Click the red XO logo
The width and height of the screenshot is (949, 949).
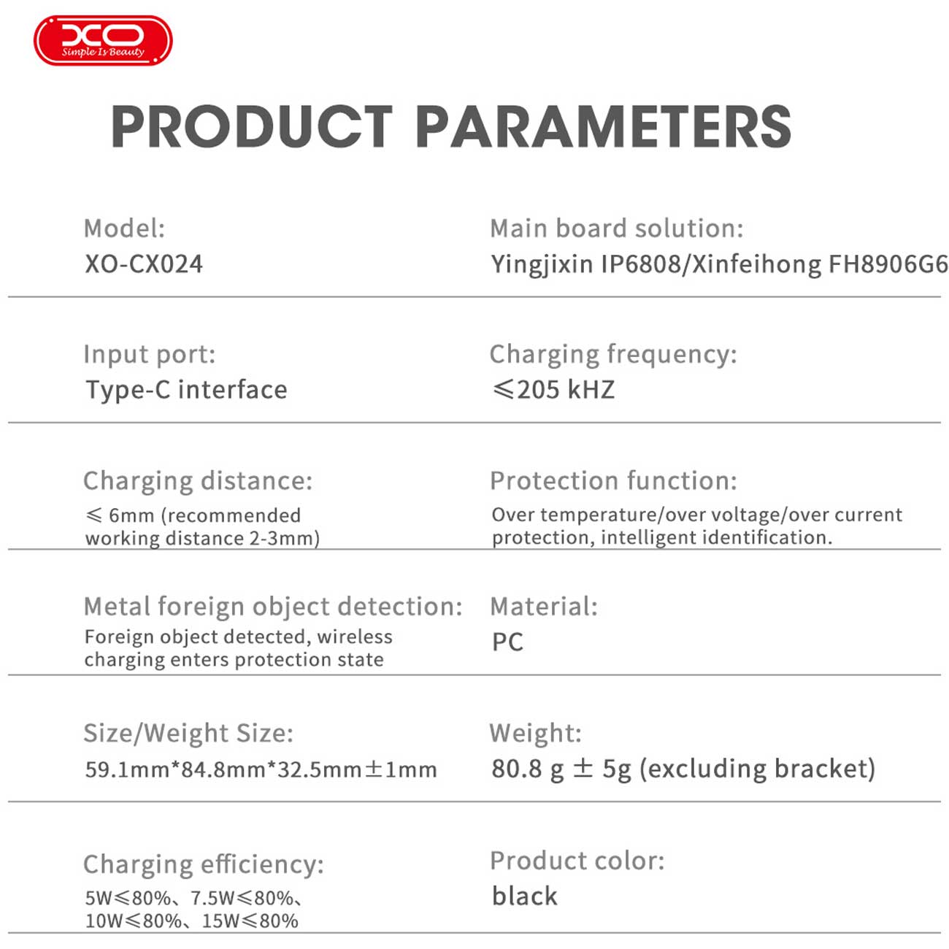(x=103, y=40)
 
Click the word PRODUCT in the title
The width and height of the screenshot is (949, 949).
(x=252, y=126)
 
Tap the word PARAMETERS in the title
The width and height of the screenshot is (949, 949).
(x=604, y=126)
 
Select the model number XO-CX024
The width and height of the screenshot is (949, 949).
(x=144, y=264)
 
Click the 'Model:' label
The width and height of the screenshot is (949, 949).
(x=125, y=228)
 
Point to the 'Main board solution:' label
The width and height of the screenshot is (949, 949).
(x=617, y=228)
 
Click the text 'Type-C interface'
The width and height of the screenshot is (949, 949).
(x=187, y=390)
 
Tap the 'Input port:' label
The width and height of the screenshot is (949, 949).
(x=150, y=355)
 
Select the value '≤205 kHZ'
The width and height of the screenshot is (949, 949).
(x=553, y=390)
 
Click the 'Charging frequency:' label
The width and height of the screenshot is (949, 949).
(x=614, y=355)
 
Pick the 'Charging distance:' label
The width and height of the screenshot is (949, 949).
(x=198, y=481)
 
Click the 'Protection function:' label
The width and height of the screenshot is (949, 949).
(x=614, y=480)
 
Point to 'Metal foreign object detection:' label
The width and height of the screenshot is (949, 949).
(x=273, y=607)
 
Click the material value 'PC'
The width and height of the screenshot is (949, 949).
(x=508, y=642)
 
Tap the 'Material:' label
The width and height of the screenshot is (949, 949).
(x=544, y=607)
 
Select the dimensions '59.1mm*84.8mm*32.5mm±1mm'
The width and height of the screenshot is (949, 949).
(x=261, y=769)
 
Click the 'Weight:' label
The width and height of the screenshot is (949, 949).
(x=536, y=734)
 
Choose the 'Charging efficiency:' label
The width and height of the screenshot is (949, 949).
(x=204, y=865)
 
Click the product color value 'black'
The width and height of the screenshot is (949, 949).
(x=524, y=896)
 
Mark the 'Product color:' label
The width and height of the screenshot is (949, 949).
(x=577, y=861)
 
